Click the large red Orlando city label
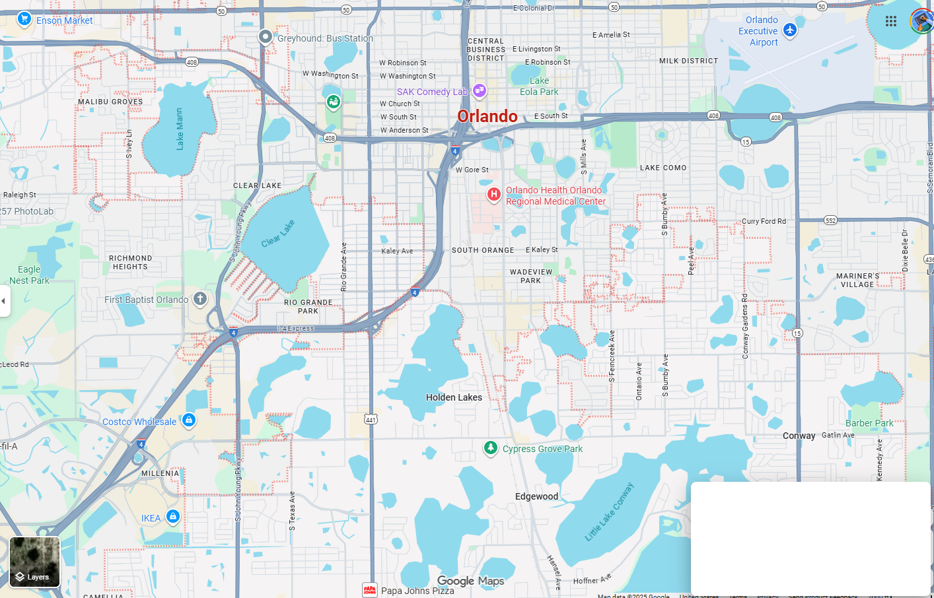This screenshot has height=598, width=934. point(487,116)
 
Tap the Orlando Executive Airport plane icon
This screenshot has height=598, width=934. point(790,30)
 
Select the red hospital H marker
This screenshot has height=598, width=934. point(493,194)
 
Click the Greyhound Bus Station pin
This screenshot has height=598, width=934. point(266,37)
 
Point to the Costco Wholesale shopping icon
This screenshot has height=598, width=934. point(189,420)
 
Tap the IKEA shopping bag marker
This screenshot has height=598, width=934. point(173,516)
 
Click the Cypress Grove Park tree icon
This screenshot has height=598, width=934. point(490,448)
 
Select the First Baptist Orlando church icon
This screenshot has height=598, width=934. point(200,298)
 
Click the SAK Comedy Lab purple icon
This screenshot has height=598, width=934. point(480,90)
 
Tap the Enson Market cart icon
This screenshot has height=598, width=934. point(24,18)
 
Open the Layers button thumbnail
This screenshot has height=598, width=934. point(35,562)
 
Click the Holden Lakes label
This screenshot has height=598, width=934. point(454,397)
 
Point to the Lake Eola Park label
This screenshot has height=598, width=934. point(539,86)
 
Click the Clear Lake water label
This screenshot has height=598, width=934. point(277,234)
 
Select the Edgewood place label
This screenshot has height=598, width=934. point(536,496)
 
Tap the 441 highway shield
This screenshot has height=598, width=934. point(371,419)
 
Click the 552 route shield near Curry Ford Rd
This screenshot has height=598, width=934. point(830,220)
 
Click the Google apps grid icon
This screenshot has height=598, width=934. point(891,21)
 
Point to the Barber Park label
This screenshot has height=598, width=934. point(869,423)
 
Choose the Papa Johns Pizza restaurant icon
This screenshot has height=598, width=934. point(370,590)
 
